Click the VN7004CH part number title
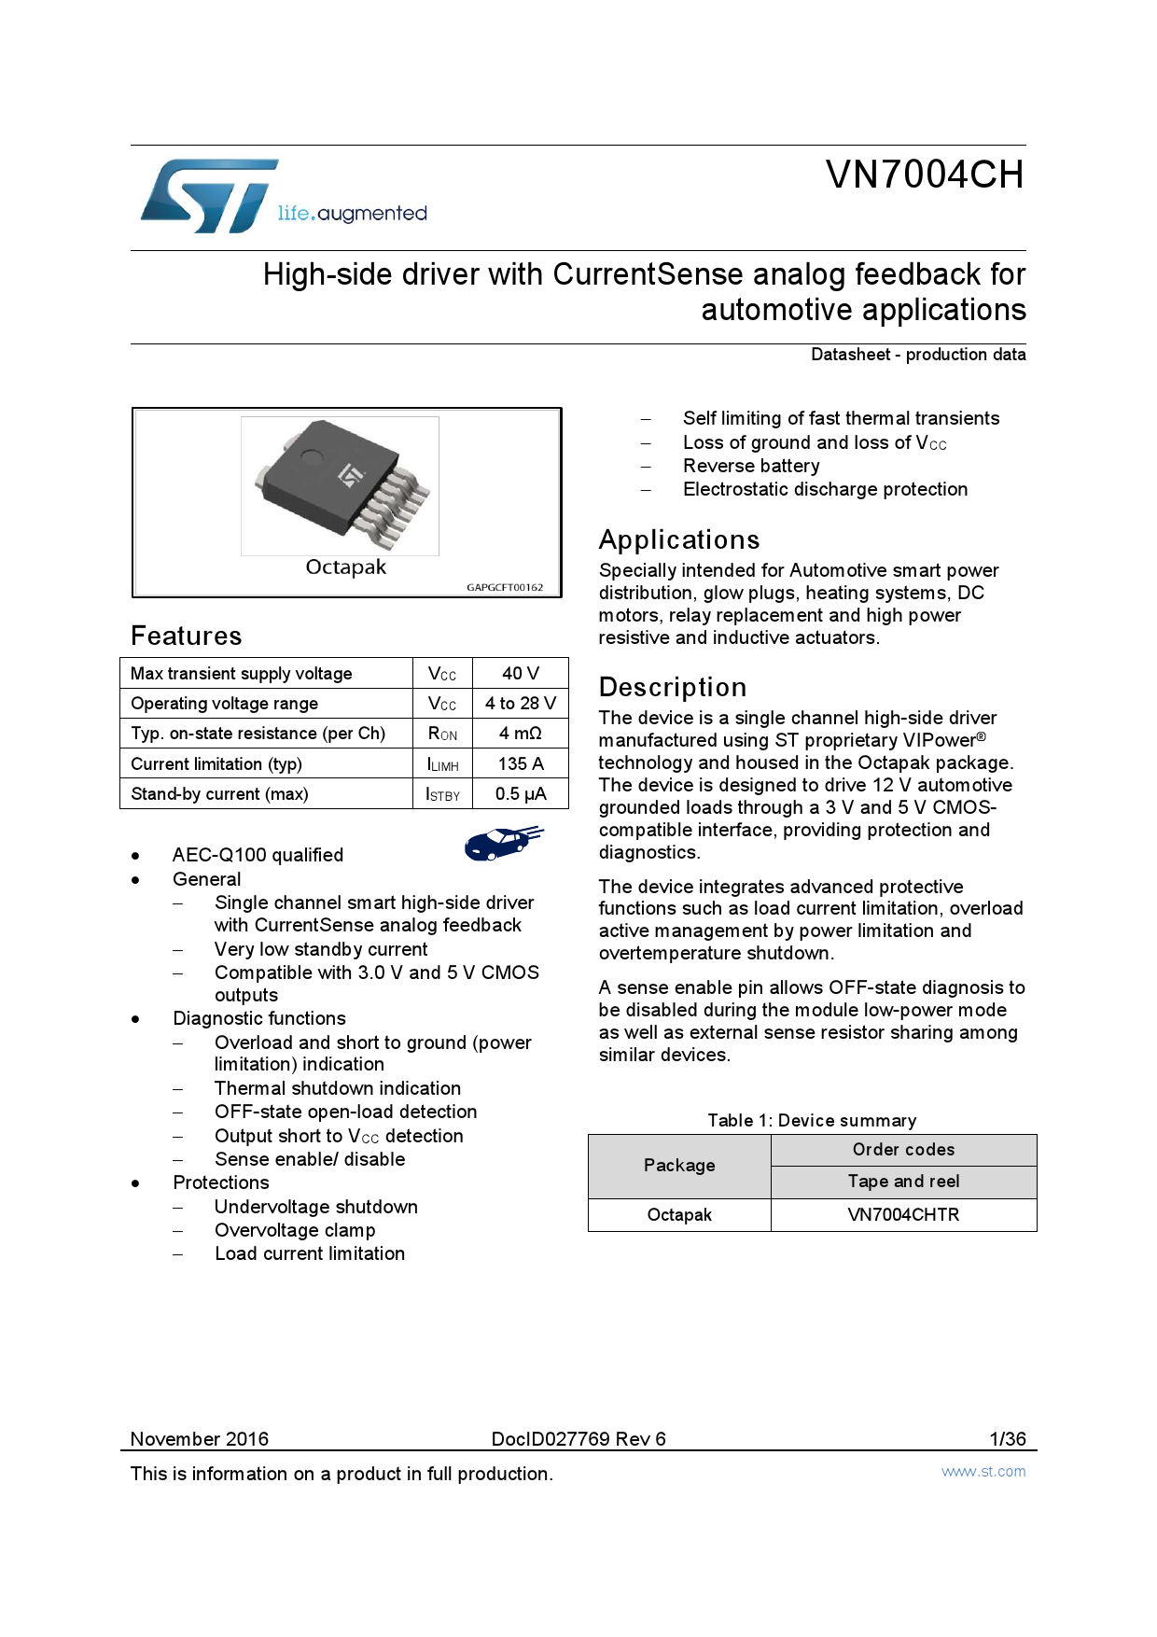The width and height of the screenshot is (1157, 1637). [x=924, y=175]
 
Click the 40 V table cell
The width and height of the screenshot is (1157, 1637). [x=520, y=674]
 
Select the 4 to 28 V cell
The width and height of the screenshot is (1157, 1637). [x=520, y=704]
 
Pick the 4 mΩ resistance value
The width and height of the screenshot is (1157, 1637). [x=520, y=734]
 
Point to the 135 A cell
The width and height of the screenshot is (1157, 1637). [x=520, y=764]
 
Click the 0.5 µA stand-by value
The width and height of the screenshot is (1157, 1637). [x=520, y=794]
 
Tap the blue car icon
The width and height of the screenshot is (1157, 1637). [x=503, y=842]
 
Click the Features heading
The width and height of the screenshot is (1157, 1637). [x=187, y=637]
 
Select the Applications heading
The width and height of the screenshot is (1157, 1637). [x=679, y=540]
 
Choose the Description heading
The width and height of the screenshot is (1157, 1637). [x=673, y=688]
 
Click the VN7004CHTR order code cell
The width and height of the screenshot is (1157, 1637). [x=903, y=1215]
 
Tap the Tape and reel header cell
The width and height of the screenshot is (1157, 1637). [x=903, y=1182]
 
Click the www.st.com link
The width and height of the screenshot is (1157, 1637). [x=983, y=1472]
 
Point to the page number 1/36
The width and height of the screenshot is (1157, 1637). [x=1008, y=1439]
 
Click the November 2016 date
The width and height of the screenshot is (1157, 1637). [x=200, y=1439]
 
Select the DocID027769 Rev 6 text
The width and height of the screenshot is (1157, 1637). [x=578, y=1439]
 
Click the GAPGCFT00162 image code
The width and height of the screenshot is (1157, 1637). [x=505, y=588]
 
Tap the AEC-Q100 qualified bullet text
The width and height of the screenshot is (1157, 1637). [x=258, y=855]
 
